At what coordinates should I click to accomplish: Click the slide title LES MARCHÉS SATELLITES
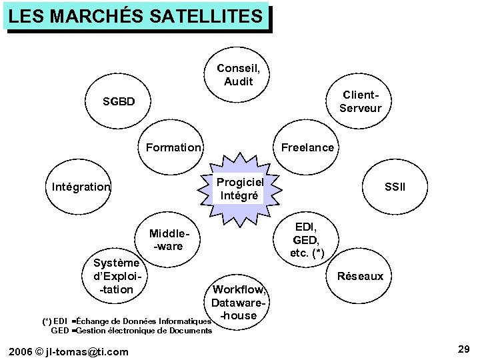click(x=137, y=16)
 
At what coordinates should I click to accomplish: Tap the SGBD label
click(x=119, y=102)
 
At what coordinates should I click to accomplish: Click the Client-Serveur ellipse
click(x=360, y=103)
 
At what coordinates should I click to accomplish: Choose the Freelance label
click(x=307, y=147)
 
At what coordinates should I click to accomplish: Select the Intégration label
click(x=81, y=187)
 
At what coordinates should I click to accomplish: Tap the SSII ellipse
click(x=395, y=187)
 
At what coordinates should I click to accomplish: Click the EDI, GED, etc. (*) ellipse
click(x=307, y=240)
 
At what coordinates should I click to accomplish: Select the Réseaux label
click(x=361, y=276)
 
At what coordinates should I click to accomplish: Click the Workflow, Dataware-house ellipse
click(x=239, y=301)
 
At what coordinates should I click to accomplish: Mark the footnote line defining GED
click(x=131, y=331)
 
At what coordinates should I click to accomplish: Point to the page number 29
click(x=464, y=349)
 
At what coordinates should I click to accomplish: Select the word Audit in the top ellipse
click(x=239, y=81)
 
